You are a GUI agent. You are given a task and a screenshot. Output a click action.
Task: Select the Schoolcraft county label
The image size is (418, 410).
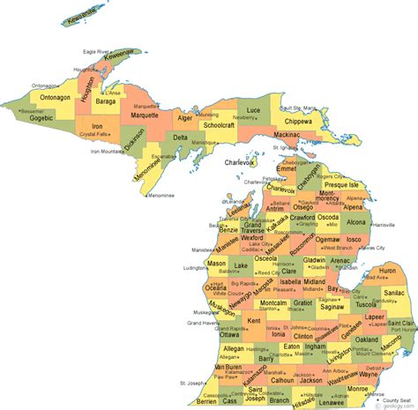pyautogui.click(x=220, y=126)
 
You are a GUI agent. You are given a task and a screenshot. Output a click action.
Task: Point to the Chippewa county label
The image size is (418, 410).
pyautogui.click(x=299, y=121)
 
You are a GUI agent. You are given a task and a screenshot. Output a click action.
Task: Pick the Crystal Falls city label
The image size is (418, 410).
pyautogui.click(x=93, y=135)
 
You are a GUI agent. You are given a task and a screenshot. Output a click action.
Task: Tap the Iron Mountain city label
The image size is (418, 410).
pyautogui.click(x=106, y=151)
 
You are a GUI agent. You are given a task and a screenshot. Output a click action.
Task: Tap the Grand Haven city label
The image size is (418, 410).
pyautogui.click(x=201, y=324)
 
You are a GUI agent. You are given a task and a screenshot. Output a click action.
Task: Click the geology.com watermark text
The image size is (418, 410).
pyautogui.click(x=393, y=406)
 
